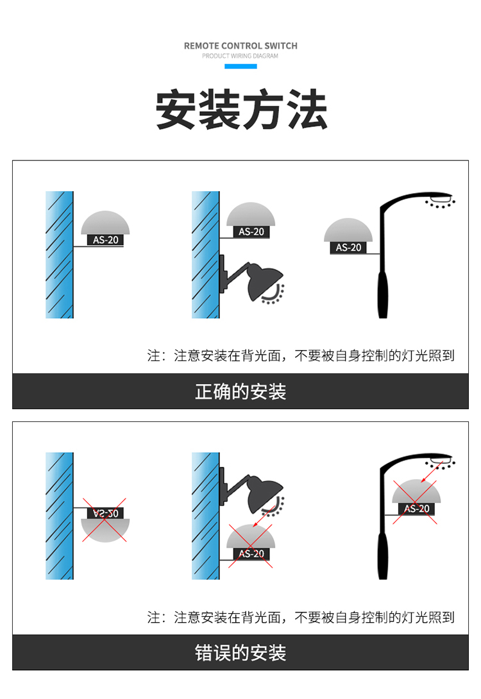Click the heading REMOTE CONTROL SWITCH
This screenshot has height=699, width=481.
click(x=240, y=46)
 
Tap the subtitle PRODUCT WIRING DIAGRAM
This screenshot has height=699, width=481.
click(x=240, y=56)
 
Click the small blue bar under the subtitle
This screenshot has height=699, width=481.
click(x=240, y=67)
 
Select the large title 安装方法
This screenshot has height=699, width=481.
click(x=241, y=109)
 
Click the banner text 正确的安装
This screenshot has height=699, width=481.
click(x=240, y=391)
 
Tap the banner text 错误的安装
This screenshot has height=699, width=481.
click(x=240, y=653)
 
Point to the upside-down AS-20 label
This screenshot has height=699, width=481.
click(x=105, y=513)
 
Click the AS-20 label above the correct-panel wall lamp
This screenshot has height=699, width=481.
click(x=251, y=232)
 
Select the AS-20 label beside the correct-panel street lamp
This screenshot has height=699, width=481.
click(x=348, y=248)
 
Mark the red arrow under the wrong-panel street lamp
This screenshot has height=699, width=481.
click(x=432, y=471)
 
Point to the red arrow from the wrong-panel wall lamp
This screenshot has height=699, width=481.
click(x=264, y=516)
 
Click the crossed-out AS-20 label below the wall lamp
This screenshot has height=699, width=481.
click(x=251, y=553)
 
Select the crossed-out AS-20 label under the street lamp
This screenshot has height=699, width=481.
click(x=417, y=509)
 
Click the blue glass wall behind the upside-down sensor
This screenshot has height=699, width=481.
click(x=59, y=516)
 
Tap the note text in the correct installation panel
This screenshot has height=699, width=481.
click(x=301, y=355)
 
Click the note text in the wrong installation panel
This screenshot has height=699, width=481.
click(x=301, y=617)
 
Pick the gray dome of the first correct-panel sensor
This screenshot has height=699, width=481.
click(x=105, y=223)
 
